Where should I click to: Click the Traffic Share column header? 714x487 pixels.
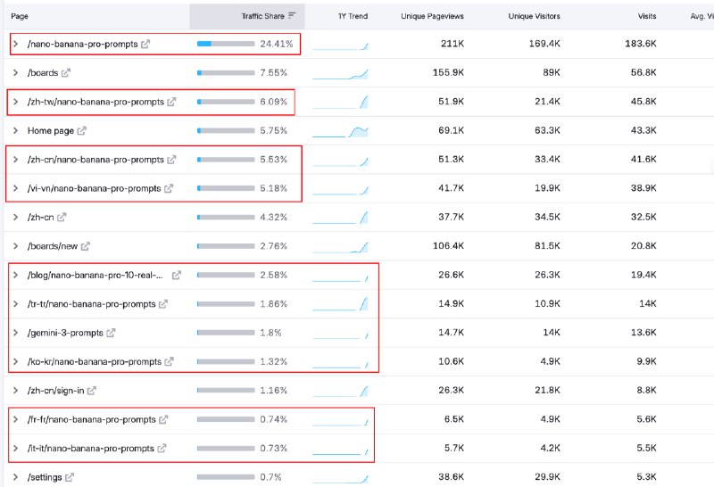tap(263, 16)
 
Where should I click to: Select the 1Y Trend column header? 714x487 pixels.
tap(353, 16)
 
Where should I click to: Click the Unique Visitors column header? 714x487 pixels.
tap(534, 16)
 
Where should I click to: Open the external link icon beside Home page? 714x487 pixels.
tap(82, 131)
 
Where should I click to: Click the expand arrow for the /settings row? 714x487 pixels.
tap(15, 477)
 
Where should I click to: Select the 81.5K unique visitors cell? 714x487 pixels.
tap(544, 246)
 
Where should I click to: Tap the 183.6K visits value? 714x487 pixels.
tap(641, 44)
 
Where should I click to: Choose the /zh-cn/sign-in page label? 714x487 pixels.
tap(56, 391)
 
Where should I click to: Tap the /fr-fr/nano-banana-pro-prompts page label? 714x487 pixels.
tap(92, 419)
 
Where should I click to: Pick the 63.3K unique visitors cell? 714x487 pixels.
tap(544, 131)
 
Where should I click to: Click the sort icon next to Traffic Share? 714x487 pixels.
tap(293, 16)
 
